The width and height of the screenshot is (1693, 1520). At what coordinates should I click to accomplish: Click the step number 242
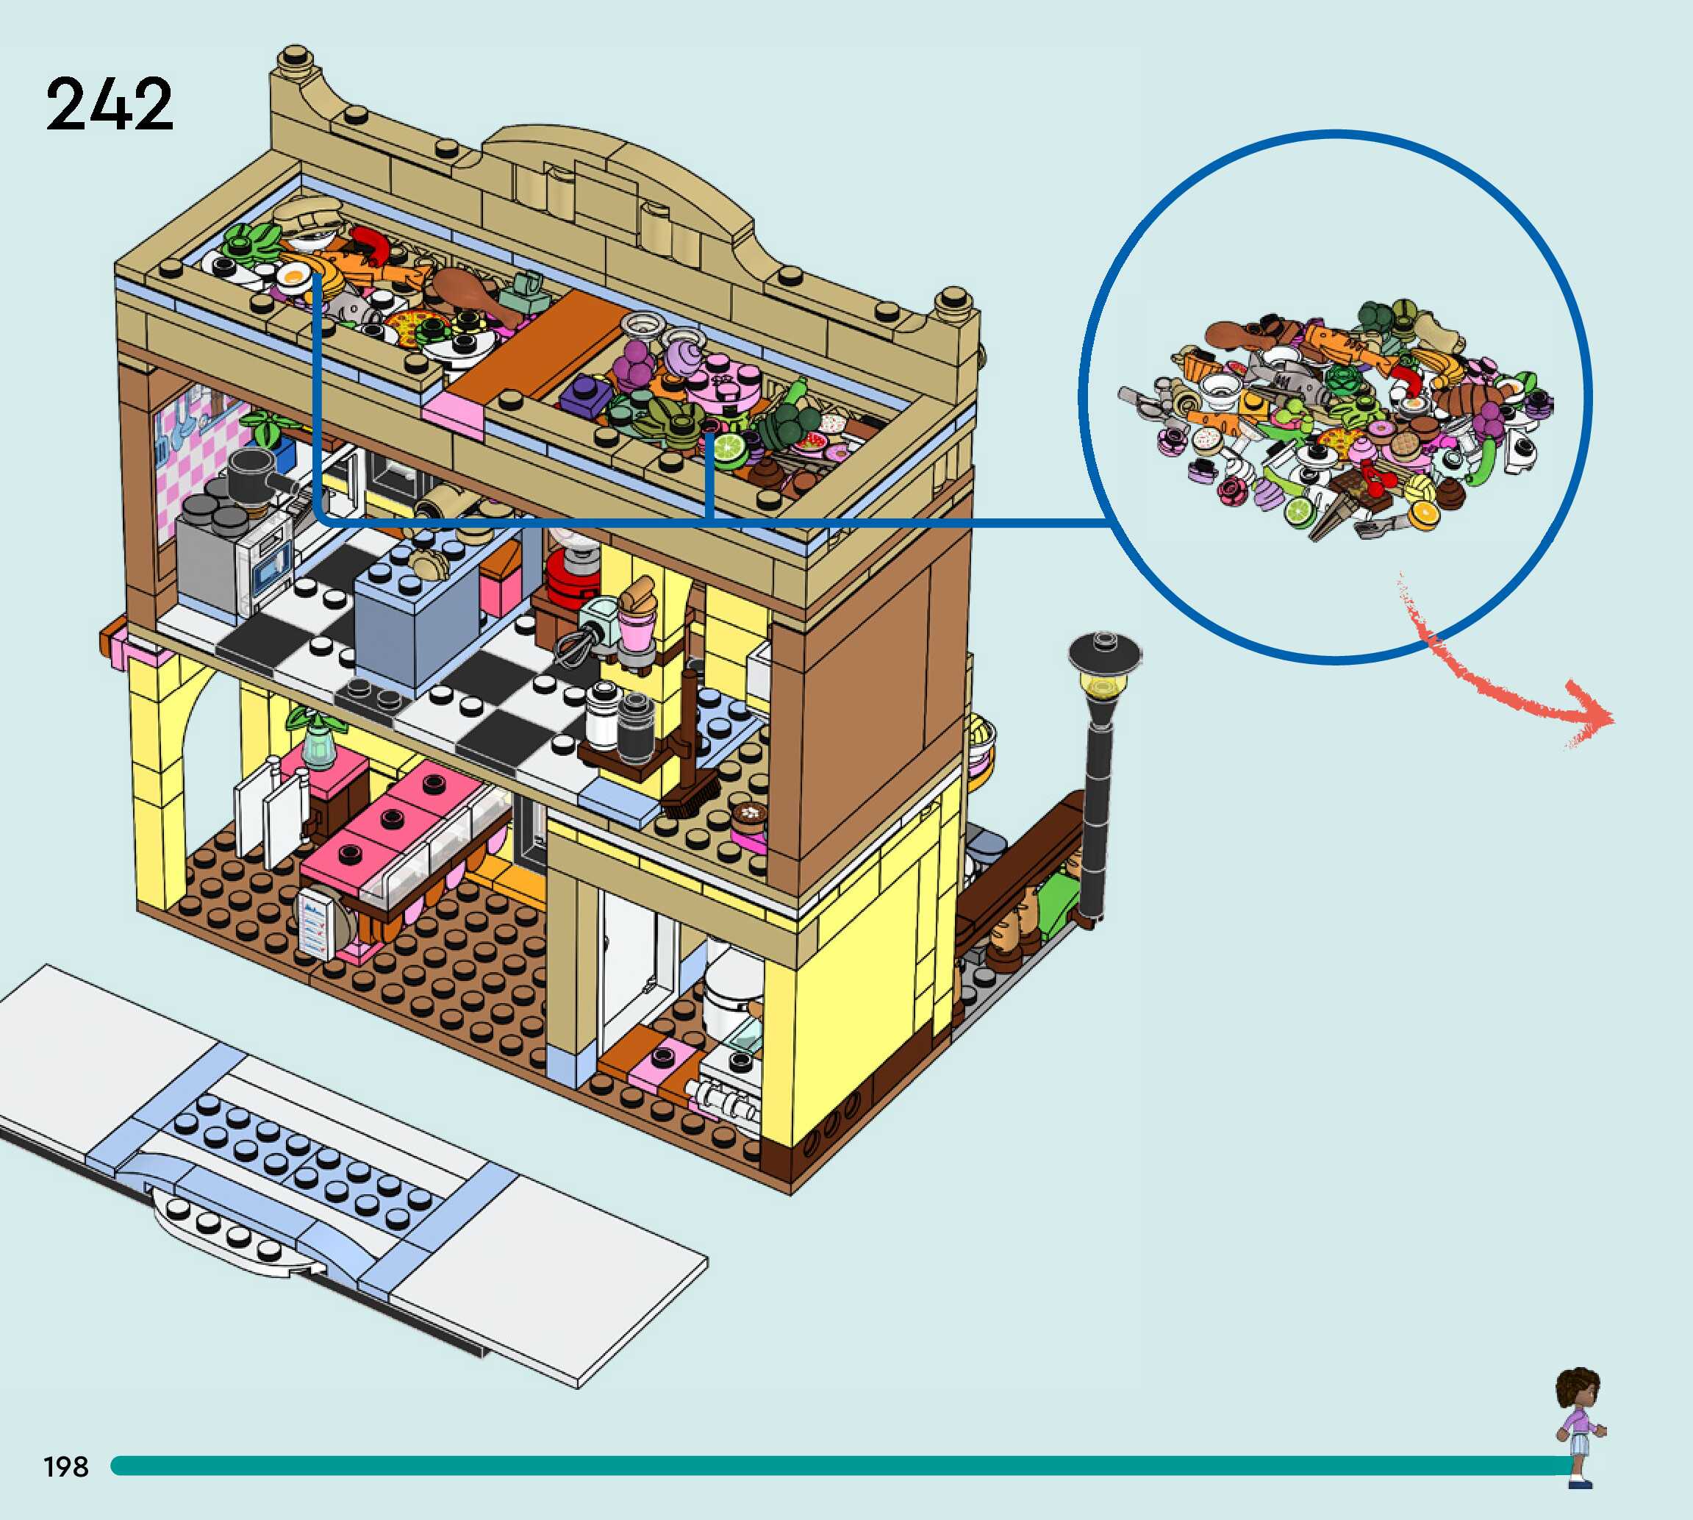109,104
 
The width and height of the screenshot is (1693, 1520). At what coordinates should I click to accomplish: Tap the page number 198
66,1466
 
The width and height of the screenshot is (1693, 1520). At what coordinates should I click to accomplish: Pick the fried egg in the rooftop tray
293,275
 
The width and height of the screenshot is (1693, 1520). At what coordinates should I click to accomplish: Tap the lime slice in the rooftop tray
728,450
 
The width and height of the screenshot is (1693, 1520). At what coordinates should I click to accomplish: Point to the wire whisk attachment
571,647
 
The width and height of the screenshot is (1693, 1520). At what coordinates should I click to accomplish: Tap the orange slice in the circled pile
1422,512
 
